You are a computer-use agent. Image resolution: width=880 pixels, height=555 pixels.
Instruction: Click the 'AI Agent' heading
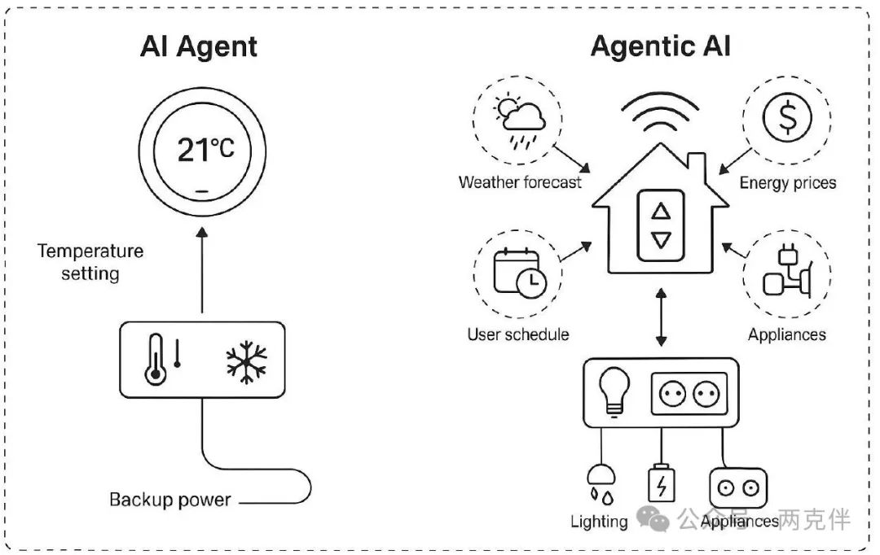pyautogui.click(x=199, y=48)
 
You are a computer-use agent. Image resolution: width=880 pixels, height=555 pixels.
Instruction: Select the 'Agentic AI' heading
pyautogui.click(x=660, y=46)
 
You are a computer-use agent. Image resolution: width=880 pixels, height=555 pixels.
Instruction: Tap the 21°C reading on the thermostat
pyautogui.click(x=205, y=149)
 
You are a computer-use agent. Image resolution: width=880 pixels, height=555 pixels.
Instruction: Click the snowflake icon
pyautogui.click(x=246, y=361)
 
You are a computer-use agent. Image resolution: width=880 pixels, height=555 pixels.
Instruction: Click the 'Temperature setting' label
pyautogui.click(x=90, y=262)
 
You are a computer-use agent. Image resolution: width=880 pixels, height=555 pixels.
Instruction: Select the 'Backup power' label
pyautogui.click(x=169, y=499)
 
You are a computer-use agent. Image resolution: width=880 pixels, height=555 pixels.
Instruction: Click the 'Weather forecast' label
pyautogui.click(x=520, y=182)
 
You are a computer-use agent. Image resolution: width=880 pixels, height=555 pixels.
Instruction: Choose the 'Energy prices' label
pyautogui.click(x=787, y=183)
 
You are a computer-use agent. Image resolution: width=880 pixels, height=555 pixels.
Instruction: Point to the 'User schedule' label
pyautogui.click(x=517, y=334)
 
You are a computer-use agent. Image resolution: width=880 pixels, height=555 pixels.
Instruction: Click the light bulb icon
pyautogui.click(x=610, y=389)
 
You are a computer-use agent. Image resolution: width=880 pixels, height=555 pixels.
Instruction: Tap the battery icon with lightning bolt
pyautogui.click(x=661, y=484)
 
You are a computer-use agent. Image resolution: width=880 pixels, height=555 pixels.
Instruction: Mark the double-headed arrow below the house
pyautogui.click(x=661, y=315)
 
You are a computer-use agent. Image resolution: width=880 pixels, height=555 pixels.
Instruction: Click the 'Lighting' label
pyautogui.click(x=599, y=522)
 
